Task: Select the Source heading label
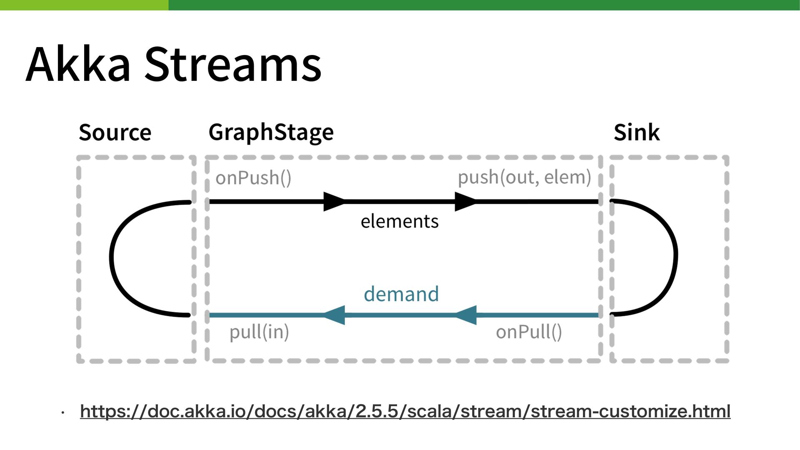[x=115, y=132]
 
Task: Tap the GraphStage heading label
[x=271, y=132]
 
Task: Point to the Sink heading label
[x=637, y=132]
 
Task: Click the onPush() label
[x=253, y=178]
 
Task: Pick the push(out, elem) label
[x=525, y=177]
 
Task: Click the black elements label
[x=400, y=221]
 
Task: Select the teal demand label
[x=401, y=294]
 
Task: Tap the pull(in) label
[x=259, y=332]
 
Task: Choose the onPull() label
[x=529, y=332]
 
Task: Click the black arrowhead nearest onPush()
[x=334, y=202]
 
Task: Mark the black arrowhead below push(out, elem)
[x=465, y=202]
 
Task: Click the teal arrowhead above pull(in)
[x=334, y=315]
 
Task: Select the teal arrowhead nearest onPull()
[x=465, y=315]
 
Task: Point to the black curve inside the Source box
[x=111, y=258]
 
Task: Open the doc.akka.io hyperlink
[x=405, y=412]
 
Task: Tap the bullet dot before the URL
[x=62, y=413]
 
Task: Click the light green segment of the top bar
[x=84, y=5]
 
